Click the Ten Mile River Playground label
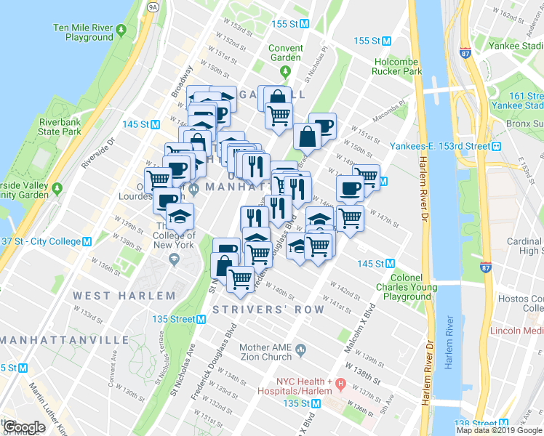click(x=82, y=33)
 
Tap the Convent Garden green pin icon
click(x=285, y=71)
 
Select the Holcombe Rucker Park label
click(x=398, y=67)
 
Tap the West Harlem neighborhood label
click(x=124, y=296)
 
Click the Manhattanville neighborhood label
click(x=55, y=340)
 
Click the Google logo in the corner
click(x=24, y=427)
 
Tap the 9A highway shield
click(x=152, y=7)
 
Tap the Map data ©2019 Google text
click(x=499, y=430)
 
